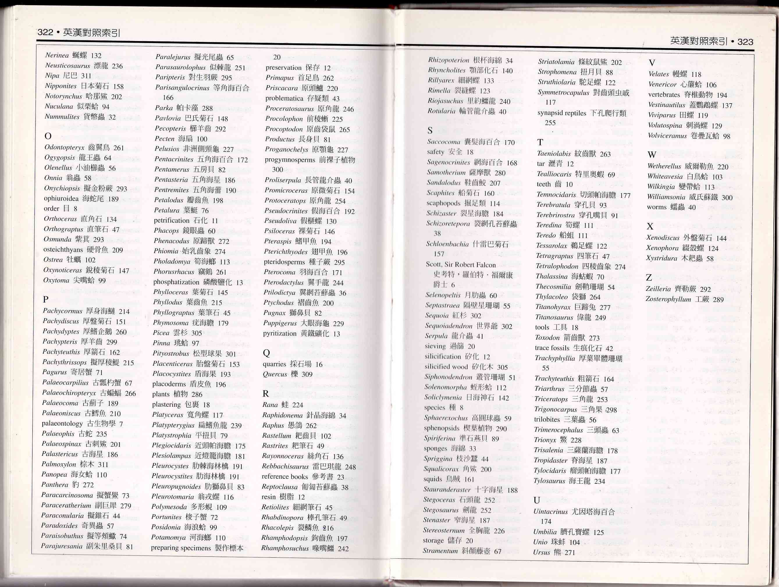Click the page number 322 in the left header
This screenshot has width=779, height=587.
click(45, 32)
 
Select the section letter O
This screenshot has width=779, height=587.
click(48, 136)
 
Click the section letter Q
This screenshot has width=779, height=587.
click(266, 353)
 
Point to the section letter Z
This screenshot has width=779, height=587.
click(649, 278)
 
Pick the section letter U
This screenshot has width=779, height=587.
click(537, 500)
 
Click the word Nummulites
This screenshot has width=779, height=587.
click(62, 117)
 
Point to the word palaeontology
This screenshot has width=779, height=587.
click(62, 424)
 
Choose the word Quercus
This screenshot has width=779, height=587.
click(275, 374)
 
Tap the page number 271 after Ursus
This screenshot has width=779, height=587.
click(570, 552)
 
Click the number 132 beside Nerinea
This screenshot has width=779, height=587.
click(96, 56)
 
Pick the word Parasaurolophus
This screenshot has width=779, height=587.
click(180, 67)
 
